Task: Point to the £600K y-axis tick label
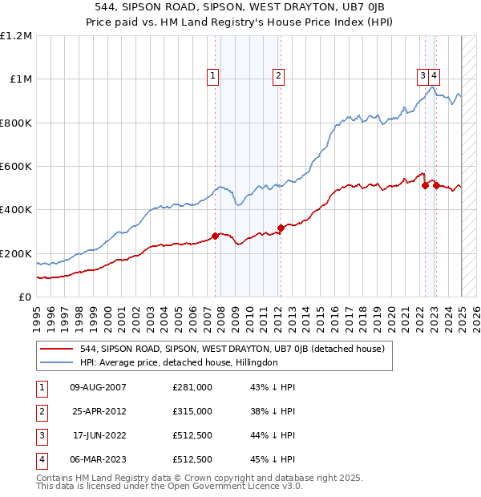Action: tap(16, 167)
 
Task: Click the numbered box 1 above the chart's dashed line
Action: tap(213, 76)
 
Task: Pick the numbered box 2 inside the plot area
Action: tap(277, 76)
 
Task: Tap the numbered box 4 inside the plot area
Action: tap(434, 76)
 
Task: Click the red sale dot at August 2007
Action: tap(215, 236)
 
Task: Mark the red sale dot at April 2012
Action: tap(281, 228)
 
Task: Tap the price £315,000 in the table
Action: tap(192, 411)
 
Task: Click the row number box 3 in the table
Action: tap(40, 435)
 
